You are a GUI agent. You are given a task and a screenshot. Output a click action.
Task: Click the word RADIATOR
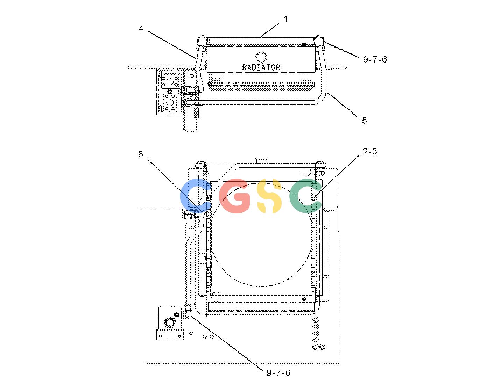[x=261, y=67]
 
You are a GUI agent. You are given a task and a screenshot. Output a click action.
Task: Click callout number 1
[x=286, y=19]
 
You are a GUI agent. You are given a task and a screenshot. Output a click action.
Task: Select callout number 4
[x=141, y=28]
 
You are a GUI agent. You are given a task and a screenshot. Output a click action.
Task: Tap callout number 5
[x=364, y=121]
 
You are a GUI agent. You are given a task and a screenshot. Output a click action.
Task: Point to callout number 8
[x=140, y=154]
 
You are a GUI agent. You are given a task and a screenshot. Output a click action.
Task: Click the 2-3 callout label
[x=370, y=151]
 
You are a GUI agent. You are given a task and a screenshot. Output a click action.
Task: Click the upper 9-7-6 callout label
[x=375, y=59]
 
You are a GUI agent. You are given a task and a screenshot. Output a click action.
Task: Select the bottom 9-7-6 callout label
[x=278, y=373]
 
